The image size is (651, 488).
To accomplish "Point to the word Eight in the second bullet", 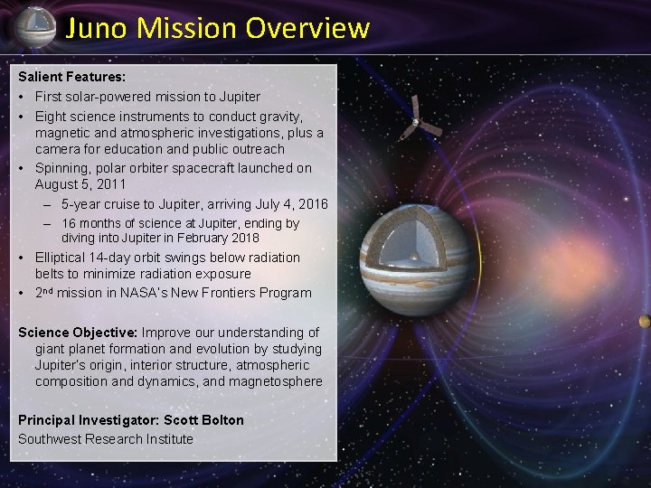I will coord(52,117).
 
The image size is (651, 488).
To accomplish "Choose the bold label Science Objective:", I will coord(78,333).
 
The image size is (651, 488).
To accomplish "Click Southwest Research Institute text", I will coord(106,438).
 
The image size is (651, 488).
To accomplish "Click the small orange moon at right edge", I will coord(645,321).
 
